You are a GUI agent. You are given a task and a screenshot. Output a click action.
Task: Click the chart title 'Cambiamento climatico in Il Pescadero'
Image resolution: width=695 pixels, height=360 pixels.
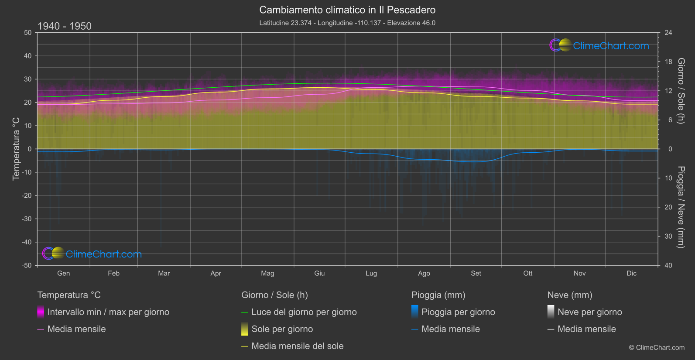347,10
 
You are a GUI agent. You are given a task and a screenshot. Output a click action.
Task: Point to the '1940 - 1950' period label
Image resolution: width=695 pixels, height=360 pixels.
65,26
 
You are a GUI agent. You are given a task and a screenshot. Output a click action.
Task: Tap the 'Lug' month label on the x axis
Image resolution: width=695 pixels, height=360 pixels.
371,273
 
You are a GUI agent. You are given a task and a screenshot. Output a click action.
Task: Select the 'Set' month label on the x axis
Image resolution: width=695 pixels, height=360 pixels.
476,273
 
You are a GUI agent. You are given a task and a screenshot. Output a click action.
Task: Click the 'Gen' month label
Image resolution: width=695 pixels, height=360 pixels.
63,273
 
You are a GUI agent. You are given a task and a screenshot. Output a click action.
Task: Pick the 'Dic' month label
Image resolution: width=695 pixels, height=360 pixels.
631,273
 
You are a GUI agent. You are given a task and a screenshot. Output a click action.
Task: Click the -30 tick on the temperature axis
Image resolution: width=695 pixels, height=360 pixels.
27,219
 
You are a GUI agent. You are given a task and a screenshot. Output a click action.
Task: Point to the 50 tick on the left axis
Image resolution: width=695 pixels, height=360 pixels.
28,33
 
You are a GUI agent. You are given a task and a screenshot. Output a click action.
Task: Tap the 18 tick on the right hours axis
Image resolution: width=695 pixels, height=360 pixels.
668,62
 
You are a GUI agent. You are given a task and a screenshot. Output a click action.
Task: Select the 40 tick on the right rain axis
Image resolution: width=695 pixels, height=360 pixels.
668,265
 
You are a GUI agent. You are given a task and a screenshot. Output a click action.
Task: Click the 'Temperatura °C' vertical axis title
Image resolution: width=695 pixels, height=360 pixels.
16,149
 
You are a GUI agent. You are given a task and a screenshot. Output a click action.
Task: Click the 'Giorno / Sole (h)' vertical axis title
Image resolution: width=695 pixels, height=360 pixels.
681,91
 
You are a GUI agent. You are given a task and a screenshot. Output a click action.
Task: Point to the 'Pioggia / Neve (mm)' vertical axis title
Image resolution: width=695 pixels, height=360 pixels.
681,207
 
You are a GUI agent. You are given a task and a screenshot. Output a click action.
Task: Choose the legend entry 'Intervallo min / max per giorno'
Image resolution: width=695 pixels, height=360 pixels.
108,312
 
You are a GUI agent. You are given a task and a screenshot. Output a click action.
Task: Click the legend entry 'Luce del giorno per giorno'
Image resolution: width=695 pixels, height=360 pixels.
304,312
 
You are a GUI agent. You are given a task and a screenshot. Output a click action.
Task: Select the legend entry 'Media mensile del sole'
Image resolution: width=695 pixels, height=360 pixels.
297,346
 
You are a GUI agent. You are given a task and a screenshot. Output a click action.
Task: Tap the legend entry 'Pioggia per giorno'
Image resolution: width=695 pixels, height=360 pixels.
458,312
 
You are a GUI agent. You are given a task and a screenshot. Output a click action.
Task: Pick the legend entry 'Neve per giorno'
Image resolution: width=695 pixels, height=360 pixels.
589,312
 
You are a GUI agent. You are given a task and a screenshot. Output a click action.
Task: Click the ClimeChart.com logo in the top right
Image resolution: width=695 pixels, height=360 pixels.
599,45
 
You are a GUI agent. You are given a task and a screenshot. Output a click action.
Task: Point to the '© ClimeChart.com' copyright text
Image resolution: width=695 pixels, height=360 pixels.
657,348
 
